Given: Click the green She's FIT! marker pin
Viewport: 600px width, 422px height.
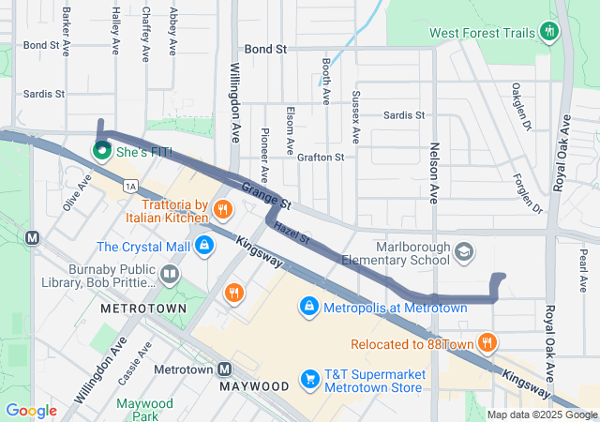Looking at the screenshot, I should tap(100, 150).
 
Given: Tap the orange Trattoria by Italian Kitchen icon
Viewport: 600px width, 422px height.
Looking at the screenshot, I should tap(223, 208).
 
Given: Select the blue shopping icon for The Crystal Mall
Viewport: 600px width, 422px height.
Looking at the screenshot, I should tap(203, 247).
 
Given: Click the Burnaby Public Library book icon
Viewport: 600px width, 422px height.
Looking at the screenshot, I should tap(170, 275).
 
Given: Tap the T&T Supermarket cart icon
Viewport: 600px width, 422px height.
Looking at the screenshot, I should tap(308, 379).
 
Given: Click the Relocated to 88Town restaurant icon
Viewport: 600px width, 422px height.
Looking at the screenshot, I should tap(487, 344).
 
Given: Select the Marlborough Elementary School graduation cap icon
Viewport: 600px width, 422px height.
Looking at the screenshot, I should tap(464, 252).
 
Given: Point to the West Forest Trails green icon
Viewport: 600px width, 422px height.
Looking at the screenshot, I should tap(550, 33).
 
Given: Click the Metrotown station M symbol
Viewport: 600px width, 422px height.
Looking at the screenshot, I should tap(225, 369).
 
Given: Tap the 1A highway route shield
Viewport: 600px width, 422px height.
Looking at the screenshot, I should tap(130, 186).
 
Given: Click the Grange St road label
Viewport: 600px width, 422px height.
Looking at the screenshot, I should tap(266, 195).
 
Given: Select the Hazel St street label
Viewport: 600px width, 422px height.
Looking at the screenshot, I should tap(292, 232).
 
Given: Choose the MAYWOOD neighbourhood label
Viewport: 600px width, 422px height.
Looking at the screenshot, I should tap(254, 386).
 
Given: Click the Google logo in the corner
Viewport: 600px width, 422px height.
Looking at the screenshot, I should tap(31, 411).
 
